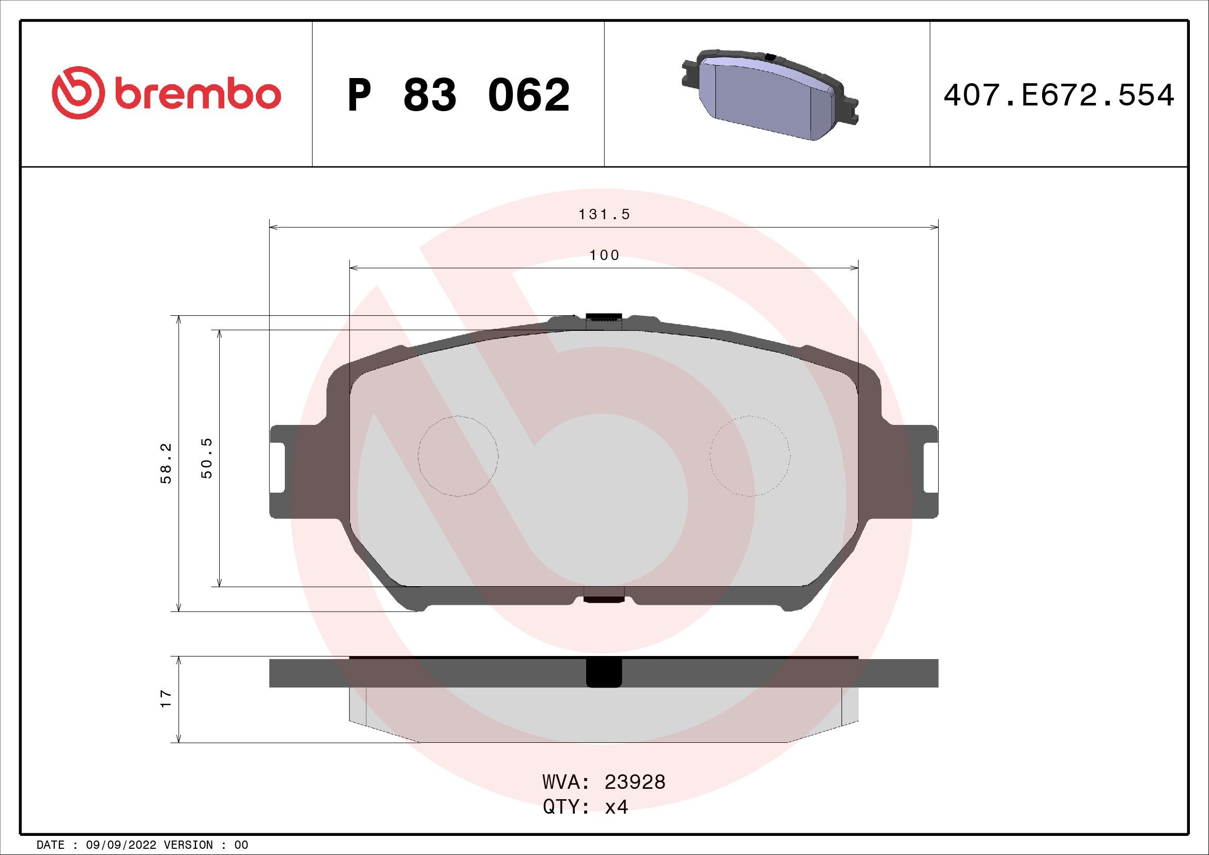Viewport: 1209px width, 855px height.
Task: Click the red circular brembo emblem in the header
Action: pyautogui.click(x=75, y=93)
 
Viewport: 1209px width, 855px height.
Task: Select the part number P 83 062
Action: pyautogui.click(x=458, y=95)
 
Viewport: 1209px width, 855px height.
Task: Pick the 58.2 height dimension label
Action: pyautogui.click(x=166, y=463)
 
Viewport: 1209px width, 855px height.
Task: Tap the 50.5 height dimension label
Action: pyautogui.click(x=207, y=457)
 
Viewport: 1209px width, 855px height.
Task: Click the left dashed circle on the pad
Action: pyautogui.click(x=457, y=456)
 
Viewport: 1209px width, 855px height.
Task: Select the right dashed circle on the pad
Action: pyautogui.click(x=750, y=456)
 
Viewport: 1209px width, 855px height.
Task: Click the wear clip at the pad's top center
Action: pyautogui.click(x=604, y=318)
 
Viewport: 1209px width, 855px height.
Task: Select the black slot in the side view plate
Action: pyautogui.click(x=604, y=674)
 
